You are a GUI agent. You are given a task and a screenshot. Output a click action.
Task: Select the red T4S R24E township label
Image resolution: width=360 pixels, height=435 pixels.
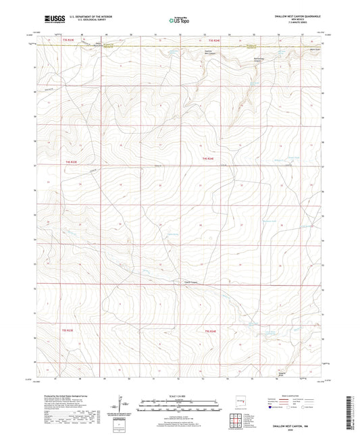click(x=209, y=157)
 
